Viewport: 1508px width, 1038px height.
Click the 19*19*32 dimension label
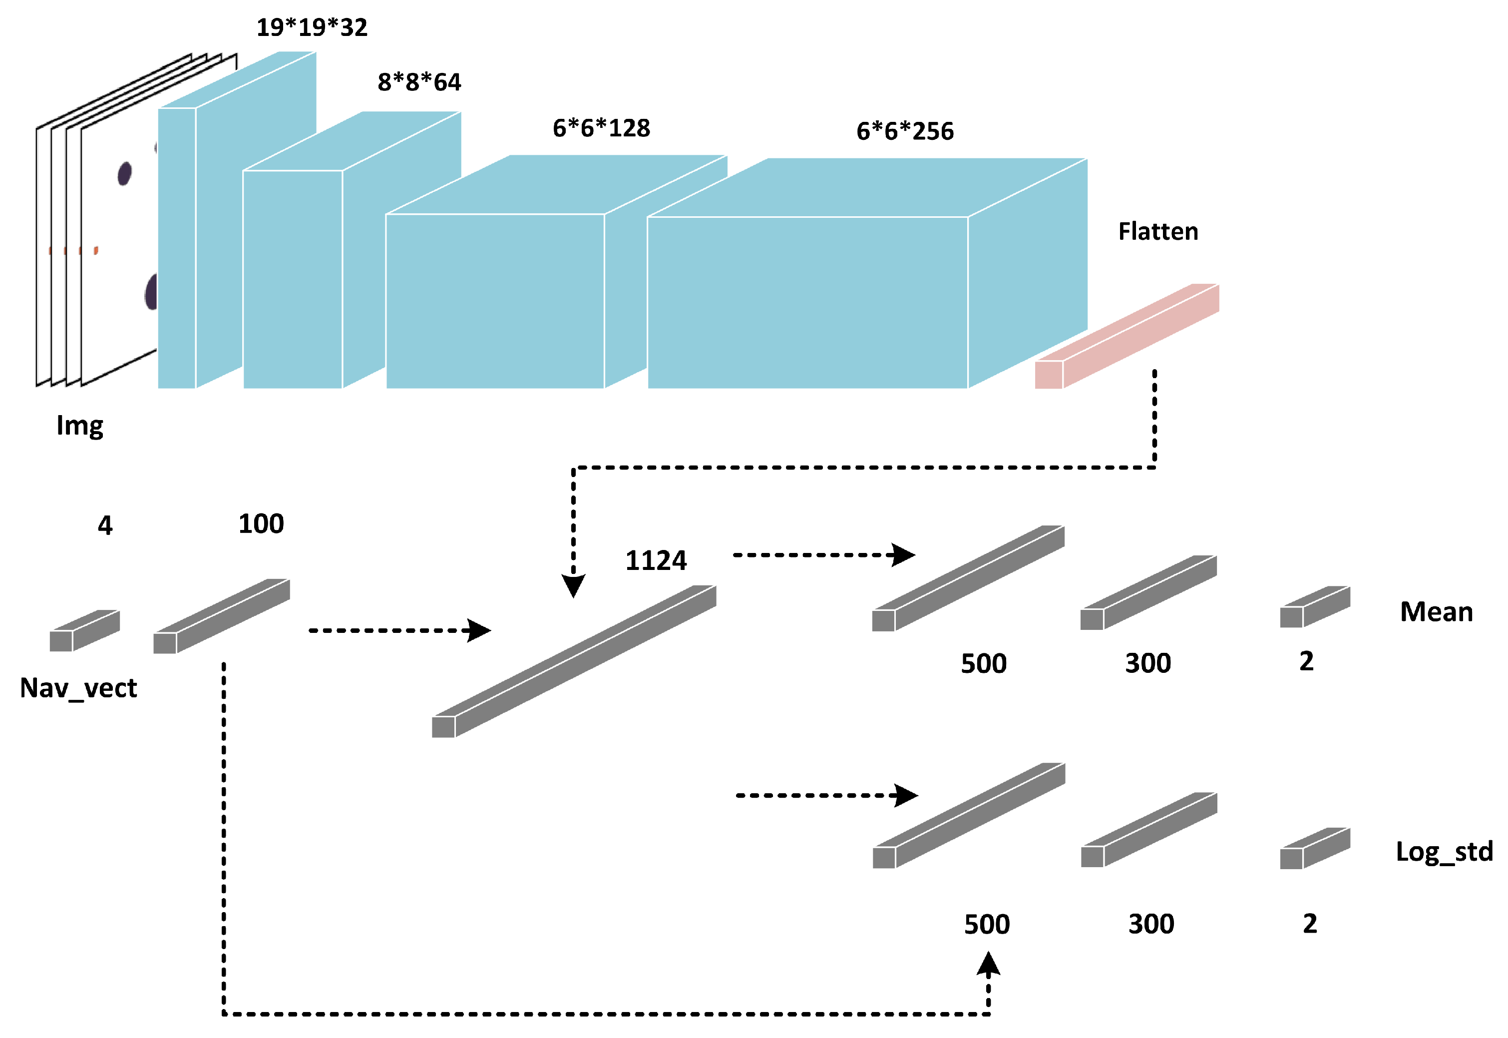[312, 27]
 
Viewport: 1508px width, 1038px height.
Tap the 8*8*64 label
[419, 82]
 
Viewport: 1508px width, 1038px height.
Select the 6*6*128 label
[601, 128]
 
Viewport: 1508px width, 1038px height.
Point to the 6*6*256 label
[905, 131]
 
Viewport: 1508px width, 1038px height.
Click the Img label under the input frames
[79, 426]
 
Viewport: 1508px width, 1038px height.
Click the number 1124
[655, 560]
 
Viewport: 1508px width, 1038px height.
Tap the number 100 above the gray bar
[261, 524]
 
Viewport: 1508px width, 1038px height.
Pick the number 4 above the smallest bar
[105, 525]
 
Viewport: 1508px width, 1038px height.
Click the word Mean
[1436, 612]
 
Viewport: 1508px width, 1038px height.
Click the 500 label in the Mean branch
[984, 664]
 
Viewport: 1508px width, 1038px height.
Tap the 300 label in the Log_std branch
[1150, 924]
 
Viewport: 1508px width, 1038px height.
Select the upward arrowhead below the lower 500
[988, 965]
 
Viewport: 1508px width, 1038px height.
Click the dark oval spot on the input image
[124, 174]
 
